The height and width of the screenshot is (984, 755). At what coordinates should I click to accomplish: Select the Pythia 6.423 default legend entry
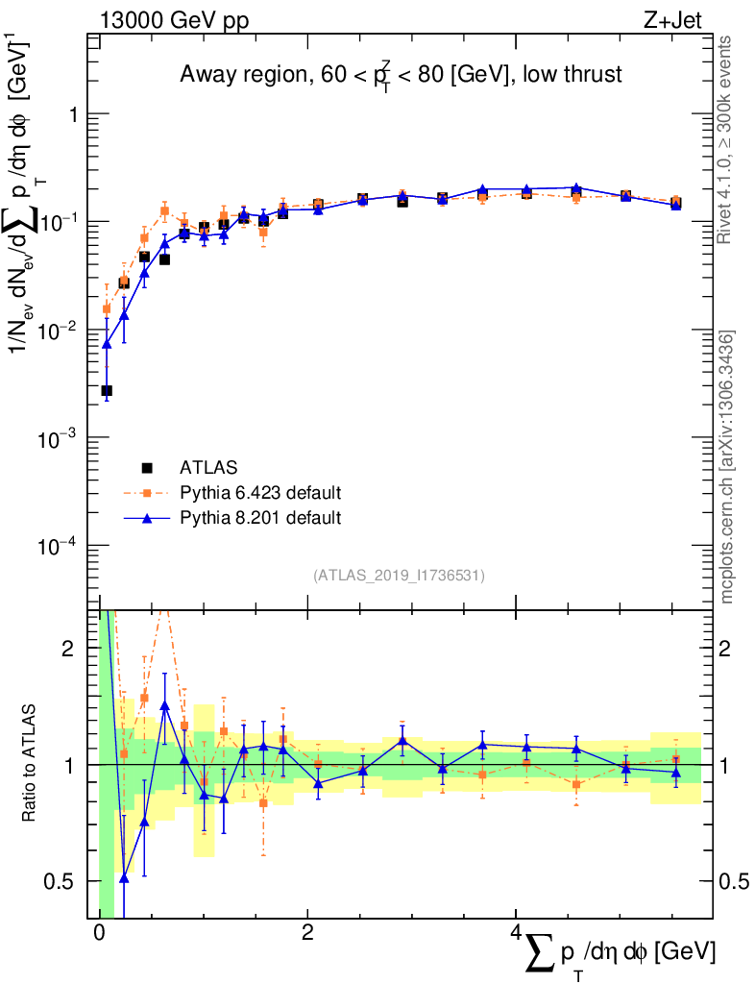point(259,493)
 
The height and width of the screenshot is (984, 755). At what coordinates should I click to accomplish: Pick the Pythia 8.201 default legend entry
point(259,518)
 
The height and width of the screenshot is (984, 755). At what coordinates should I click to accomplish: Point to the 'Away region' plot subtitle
point(402,75)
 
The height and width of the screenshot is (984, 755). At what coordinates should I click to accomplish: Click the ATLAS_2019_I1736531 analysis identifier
point(399,576)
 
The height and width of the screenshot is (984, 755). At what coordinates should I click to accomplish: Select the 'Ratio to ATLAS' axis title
point(30,764)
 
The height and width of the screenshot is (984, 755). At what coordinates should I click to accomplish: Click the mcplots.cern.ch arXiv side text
point(727,466)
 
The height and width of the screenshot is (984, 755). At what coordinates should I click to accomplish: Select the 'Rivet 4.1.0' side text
point(726,139)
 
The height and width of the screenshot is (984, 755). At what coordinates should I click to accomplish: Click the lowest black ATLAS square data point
point(107,391)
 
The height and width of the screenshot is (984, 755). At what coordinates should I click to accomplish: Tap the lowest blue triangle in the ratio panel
point(124,877)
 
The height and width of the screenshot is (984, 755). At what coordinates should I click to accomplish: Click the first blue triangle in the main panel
point(107,344)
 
